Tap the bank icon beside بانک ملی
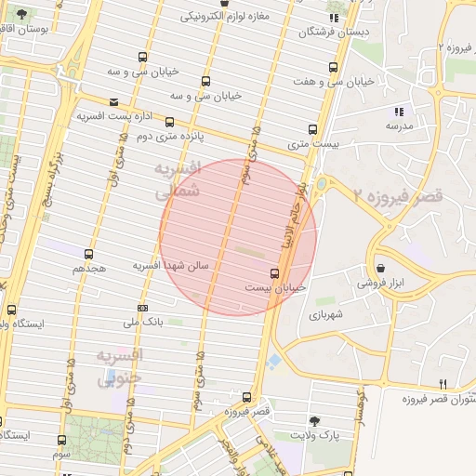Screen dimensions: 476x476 pos(141,308)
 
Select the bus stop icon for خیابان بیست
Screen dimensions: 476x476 pos(273,273)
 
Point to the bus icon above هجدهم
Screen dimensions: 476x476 pos(88,254)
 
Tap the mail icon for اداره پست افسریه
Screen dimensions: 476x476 pos(113,102)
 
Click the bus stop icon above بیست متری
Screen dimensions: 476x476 pos(312,130)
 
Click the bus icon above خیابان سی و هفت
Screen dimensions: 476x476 pos(334,67)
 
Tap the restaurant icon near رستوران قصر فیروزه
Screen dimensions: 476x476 pos(443,384)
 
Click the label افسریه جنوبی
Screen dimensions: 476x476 pos(120,366)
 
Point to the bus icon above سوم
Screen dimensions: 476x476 pos(61,440)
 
